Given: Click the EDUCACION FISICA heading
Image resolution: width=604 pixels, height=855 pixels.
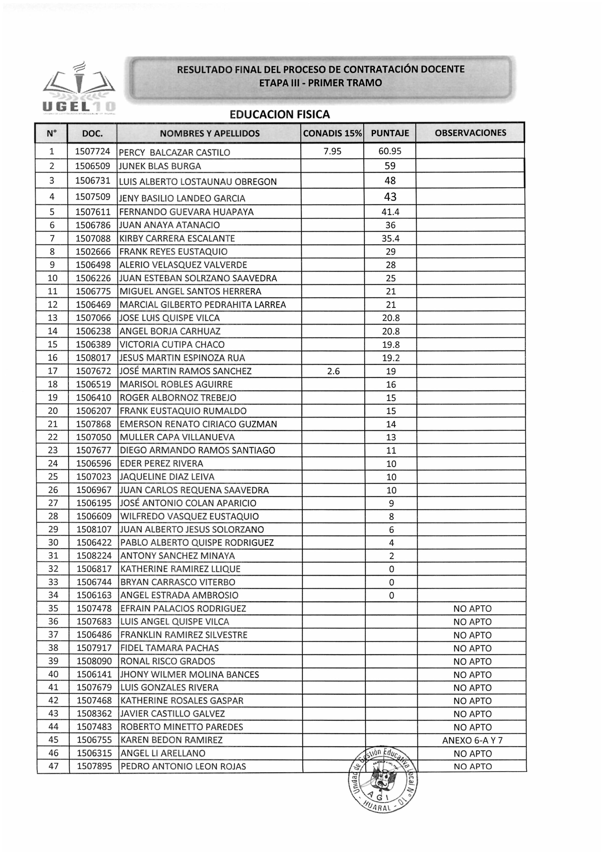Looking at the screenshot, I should tap(280, 114).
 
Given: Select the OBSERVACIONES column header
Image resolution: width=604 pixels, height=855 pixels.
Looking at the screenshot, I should tap(470, 133).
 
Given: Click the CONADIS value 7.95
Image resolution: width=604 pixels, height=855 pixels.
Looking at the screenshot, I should tap(332, 151).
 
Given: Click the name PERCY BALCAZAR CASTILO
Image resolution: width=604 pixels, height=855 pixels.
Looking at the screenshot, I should tap(174, 152).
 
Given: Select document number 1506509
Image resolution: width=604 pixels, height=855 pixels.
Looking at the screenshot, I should tap(93, 166).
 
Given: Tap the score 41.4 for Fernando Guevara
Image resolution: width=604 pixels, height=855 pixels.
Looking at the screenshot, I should tap(390, 212).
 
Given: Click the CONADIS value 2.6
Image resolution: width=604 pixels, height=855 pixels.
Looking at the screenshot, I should tap(333, 371).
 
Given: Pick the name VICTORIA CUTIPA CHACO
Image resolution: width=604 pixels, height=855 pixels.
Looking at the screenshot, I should tap(172, 344).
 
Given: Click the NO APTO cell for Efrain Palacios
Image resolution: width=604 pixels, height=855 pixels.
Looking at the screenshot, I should tap(472, 609).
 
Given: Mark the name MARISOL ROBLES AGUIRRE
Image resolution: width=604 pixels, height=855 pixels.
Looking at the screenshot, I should tap(176, 384).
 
